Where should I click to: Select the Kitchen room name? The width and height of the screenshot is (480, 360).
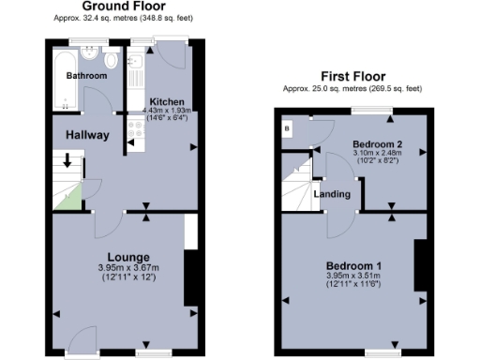coord(167,101)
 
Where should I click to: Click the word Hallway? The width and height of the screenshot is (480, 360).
coord(87,135)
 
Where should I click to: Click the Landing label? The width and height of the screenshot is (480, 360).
coord(332,194)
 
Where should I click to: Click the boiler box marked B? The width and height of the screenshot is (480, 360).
coord(287,127)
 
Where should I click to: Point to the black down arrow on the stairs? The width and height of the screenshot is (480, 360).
coord(66,160)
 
